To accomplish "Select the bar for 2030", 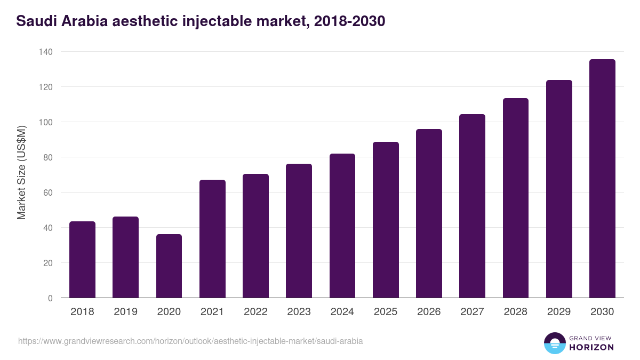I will pyautogui.click(x=602, y=178).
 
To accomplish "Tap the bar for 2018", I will pyautogui.click(x=82, y=259).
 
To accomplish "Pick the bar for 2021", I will pyautogui.click(x=212, y=238).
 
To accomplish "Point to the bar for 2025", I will pyautogui.click(x=386, y=220).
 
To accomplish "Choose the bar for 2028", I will pyautogui.click(x=515, y=198).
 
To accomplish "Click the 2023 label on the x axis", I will pyautogui.click(x=299, y=312).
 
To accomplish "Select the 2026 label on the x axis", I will pyautogui.click(x=429, y=312).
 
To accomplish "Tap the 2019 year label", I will pyautogui.click(x=125, y=312).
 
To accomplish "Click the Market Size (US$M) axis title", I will pyautogui.click(x=22, y=172).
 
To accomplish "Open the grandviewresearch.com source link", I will pyautogui.click(x=190, y=341).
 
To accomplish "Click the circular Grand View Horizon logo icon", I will pyautogui.click(x=555, y=343).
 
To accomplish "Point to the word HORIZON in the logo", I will pyautogui.click(x=591, y=347).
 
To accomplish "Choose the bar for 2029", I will pyautogui.click(x=559, y=189).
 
